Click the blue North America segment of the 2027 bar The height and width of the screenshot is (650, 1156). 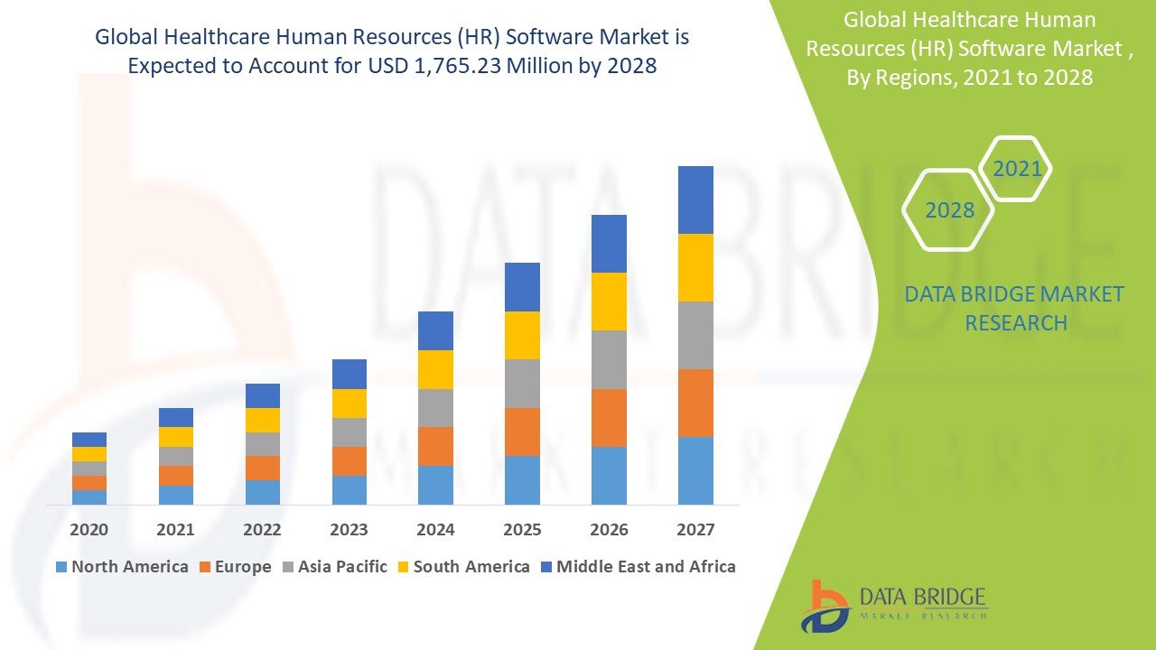695,470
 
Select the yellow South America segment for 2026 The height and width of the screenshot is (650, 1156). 609,302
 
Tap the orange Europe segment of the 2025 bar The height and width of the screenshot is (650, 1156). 522,432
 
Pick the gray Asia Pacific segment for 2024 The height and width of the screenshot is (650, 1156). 435,408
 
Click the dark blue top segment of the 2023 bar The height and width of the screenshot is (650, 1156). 349,374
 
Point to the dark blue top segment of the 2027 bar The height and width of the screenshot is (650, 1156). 695,200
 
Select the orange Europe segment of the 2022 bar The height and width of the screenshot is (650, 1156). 262,468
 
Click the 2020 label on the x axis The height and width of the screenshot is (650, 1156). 89,529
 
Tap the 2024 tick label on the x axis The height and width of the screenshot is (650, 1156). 435,529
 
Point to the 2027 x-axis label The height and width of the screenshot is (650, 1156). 695,529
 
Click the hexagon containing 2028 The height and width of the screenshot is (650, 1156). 949,210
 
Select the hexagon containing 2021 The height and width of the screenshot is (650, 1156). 1017,169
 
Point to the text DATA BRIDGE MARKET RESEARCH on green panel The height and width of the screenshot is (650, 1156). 1015,308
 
